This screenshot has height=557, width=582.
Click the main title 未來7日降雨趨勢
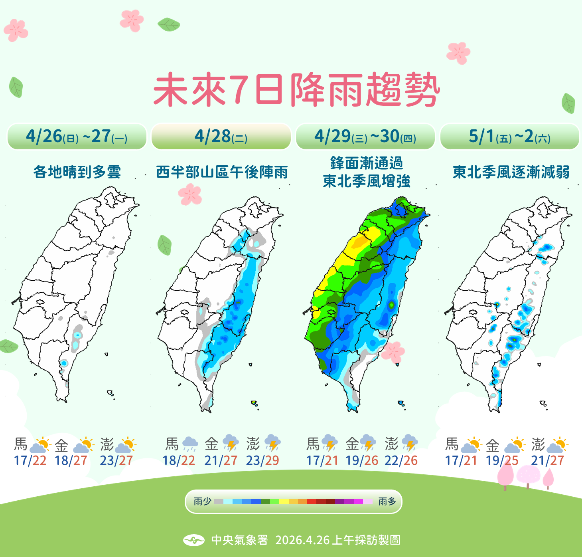click(296, 90)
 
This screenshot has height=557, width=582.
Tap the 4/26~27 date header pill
click(77, 137)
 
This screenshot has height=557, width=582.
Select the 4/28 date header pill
click(221, 137)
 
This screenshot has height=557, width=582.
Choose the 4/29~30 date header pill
click(365, 137)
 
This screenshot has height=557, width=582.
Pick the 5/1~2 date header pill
click(509, 137)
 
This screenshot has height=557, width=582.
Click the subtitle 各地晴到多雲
click(77, 172)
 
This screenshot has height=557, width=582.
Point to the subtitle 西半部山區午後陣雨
click(222, 172)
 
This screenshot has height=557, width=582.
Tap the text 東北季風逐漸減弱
click(511, 172)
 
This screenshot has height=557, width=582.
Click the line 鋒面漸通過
click(367, 163)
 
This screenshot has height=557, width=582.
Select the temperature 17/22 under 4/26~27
click(30, 460)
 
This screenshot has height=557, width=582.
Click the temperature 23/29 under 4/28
click(262, 460)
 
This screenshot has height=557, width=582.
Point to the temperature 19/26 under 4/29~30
click(362, 460)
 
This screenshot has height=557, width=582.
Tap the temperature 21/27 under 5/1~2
click(547, 460)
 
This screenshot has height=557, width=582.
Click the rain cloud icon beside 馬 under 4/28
click(190, 443)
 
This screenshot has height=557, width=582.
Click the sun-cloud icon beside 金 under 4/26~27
click(84, 444)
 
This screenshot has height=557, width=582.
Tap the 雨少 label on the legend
click(202, 501)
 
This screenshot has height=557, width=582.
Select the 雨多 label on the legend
click(387, 501)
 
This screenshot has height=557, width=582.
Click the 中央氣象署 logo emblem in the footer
click(194, 540)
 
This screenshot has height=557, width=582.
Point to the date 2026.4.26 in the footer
click(302, 540)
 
